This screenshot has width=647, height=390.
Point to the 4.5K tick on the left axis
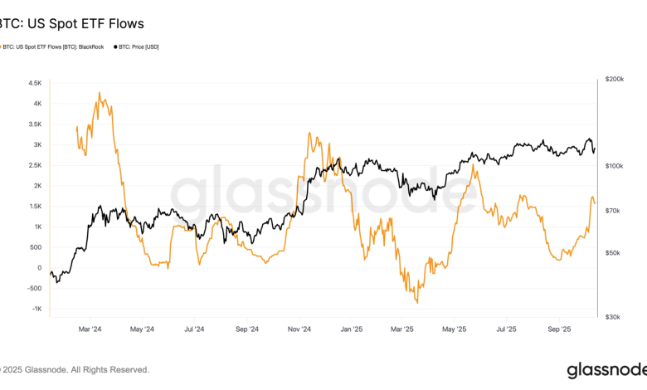[x=34, y=84]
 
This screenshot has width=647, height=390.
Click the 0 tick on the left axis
[x=39, y=268]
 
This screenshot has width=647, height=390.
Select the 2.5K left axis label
[x=34, y=165]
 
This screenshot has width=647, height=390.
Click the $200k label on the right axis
[x=615, y=80]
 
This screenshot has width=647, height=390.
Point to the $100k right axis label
[x=615, y=167]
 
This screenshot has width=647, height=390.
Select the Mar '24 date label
[x=90, y=329]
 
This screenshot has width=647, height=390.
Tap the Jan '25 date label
[x=351, y=329]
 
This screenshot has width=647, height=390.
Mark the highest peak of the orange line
[x=100, y=93]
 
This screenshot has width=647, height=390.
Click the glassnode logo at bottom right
[x=605, y=369]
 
